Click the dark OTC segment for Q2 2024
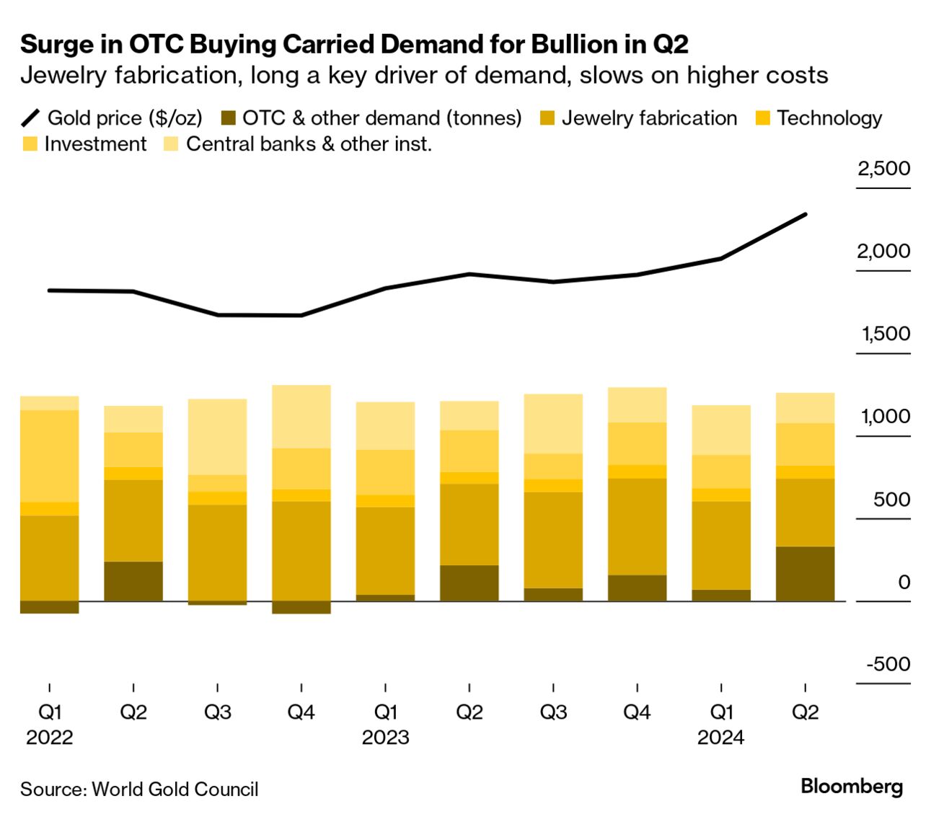[805, 573]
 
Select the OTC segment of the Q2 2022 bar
[133, 580]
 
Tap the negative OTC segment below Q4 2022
[301, 607]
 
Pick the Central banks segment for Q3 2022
[217, 436]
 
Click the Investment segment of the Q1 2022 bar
[49, 456]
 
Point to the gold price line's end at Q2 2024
[805, 214]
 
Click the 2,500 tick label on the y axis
[883, 169]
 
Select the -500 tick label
[888, 664]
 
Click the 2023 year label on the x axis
[385, 738]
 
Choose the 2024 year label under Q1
[720, 738]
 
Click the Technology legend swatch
[762, 118]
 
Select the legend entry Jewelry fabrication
[649, 118]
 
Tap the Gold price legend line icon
[31, 118]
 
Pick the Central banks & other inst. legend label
[309, 144]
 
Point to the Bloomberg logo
[851, 787]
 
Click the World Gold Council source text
[175, 789]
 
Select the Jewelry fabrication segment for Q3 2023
[553, 539]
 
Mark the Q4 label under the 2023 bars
[637, 712]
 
